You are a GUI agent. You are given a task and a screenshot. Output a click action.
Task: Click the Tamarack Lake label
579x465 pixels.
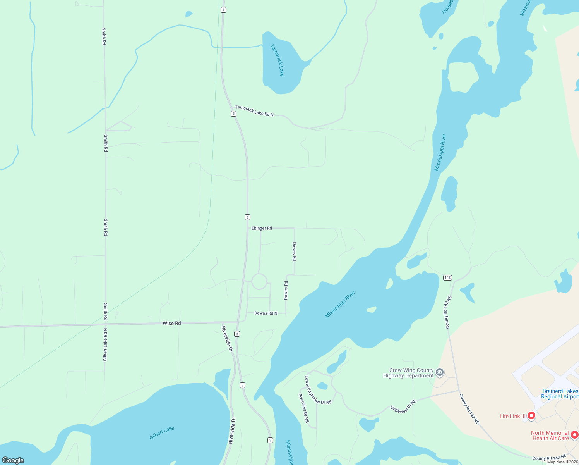[277, 60]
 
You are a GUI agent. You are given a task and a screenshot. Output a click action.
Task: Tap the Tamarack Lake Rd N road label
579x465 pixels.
[254, 111]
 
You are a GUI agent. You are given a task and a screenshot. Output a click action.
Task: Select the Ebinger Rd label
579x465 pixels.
[262, 228]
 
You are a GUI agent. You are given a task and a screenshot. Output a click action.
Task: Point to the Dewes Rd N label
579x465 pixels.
[266, 313]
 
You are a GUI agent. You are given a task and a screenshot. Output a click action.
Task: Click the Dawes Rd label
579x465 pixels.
[286, 290]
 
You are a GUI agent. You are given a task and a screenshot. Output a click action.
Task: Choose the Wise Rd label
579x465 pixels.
[171, 323]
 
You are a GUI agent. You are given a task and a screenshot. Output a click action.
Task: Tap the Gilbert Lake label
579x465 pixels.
[162, 433]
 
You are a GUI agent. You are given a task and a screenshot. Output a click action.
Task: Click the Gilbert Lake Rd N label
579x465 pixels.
[105, 344]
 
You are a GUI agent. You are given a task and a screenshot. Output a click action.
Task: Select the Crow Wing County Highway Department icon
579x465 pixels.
[440, 373]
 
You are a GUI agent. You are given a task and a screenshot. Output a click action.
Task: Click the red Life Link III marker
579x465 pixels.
[531, 416]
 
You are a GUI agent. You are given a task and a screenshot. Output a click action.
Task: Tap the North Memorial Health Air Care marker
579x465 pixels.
[574, 435]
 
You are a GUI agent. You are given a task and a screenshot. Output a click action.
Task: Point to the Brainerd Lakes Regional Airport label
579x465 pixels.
[560, 394]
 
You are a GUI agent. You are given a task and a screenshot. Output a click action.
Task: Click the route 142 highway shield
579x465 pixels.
[447, 277]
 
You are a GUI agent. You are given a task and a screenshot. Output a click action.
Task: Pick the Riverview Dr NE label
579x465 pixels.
[303, 408]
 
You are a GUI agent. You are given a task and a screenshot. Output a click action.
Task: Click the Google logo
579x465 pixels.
[13, 460]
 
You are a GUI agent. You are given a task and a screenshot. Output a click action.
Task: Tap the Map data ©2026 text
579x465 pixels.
[562, 462]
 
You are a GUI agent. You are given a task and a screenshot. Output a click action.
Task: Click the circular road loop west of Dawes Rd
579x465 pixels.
[259, 281]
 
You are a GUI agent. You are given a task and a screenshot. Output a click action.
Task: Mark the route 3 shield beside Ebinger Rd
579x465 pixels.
[247, 217]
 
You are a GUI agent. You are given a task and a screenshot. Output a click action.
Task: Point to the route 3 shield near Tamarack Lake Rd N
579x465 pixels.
[233, 114]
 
